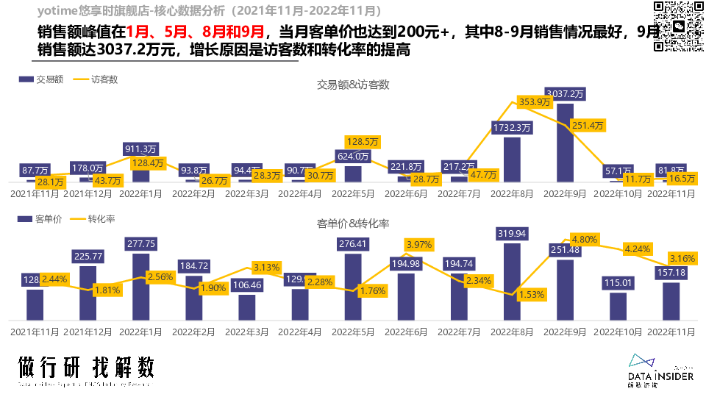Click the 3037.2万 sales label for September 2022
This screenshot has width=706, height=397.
pyautogui.click(x=565, y=94)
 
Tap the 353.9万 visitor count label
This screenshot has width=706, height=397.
pyautogui.click(x=535, y=102)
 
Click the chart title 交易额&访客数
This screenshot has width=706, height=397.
pyautogui.click(x=353, y=85)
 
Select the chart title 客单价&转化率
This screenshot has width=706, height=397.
pyautogui.click(x=353, y=223)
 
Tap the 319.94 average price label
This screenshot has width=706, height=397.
pyautogui.click(x=512, y=234)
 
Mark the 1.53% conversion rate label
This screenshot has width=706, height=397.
pyautogui.click(x=532, y=295)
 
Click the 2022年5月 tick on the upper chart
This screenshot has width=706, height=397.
pyautogui.click(x=352, y=194)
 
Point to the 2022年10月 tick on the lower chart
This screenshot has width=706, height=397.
pyautogui.click(x=618, y=332)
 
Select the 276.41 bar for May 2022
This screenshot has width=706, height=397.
pyautogui.click(x=353, y=287)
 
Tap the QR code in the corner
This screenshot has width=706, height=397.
pyautogui.click(x=677, y=26)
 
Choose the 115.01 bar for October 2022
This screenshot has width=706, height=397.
pyautogui.click(x=618, y=306)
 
